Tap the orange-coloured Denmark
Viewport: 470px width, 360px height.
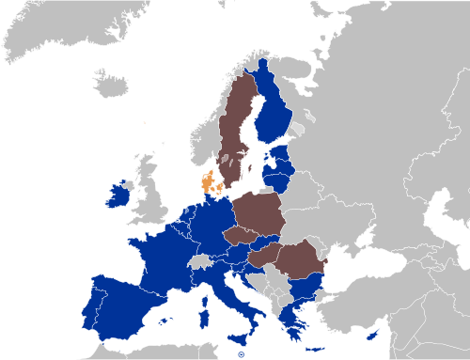tap(207, 181)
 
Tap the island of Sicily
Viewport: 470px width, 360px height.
tap(241, 337)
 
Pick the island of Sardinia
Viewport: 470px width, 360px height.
tap(203, 311)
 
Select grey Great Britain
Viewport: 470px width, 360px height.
tap(146, 202)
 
